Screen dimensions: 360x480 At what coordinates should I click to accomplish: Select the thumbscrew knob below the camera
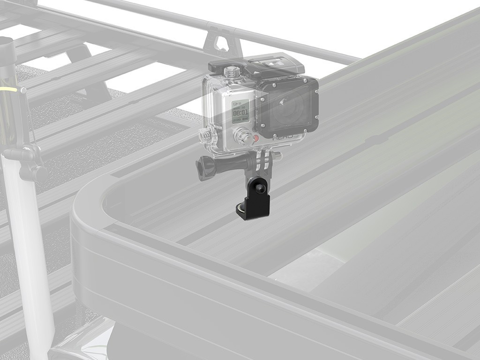pos(205,166)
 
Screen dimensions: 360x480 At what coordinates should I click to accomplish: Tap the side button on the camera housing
pos(205,135)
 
